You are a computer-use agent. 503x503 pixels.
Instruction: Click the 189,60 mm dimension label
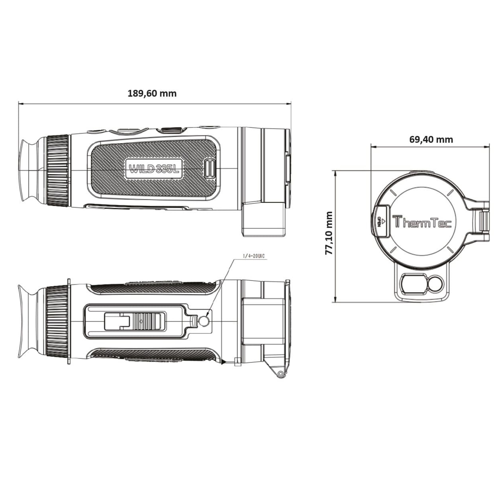tap(152, 93)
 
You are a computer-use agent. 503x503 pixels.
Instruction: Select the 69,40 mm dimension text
tap(431, 139)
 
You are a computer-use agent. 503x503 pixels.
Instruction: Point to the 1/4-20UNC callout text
tap(253, 256)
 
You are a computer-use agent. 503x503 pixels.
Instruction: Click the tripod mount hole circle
tap(204, 322)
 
